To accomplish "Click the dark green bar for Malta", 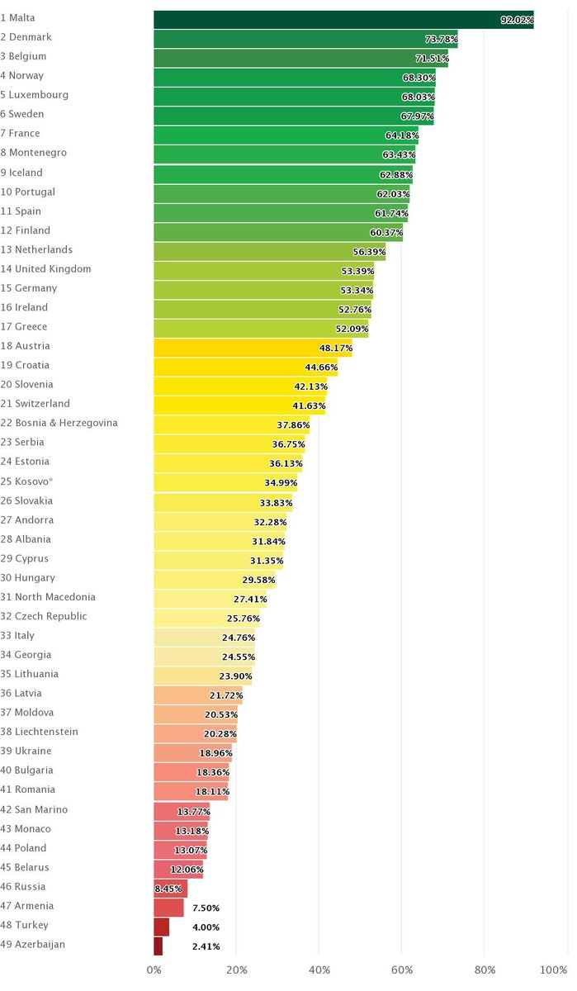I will click(x=343, y=20).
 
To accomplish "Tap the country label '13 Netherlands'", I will click(x=36, y=249).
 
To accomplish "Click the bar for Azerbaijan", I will click(x=158, y=946).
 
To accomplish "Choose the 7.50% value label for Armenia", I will click(x=206, y=908).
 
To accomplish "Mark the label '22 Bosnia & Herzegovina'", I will click(x=59, y=423).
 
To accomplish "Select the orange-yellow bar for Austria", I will click(x=253, y=347).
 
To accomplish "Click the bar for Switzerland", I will click(x=239, y=405).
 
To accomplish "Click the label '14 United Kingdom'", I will click(x=45, y=268).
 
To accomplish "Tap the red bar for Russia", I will click(x=170, y=889).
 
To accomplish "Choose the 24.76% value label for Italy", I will click(x=239, y=638).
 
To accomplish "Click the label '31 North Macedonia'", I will click(x=48, y=596).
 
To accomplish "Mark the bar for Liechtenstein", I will click(x=195, y=733).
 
